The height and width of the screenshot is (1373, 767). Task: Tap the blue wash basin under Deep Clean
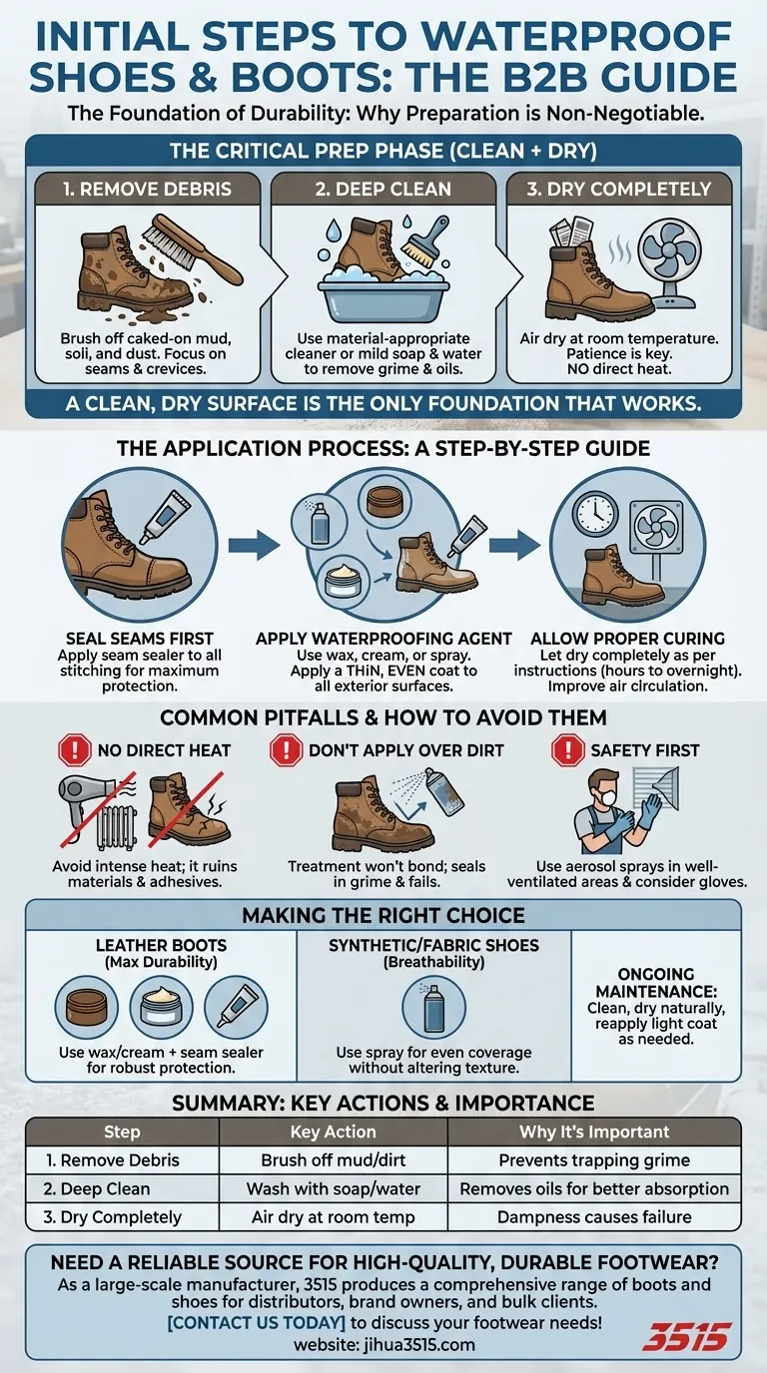(x=379, y=293)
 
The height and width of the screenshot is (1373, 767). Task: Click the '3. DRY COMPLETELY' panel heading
(x=624, y=189)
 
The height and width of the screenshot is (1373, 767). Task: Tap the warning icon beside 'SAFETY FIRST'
(x=568, y=749)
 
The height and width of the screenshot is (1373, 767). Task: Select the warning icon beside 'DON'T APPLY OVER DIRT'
(x=286, y=749)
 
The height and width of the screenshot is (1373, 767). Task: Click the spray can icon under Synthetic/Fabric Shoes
(x=433, y=1007)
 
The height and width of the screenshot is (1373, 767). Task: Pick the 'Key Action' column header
(x=333, y=1132)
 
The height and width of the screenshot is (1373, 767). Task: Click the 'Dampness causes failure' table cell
(x=594, y=1217)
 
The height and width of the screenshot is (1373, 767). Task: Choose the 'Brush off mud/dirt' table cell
(x=333, y=1160)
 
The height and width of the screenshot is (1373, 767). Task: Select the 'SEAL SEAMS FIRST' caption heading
(x=139, y=638)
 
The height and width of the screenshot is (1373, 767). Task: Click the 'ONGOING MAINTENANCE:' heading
(x=656, y=983)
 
